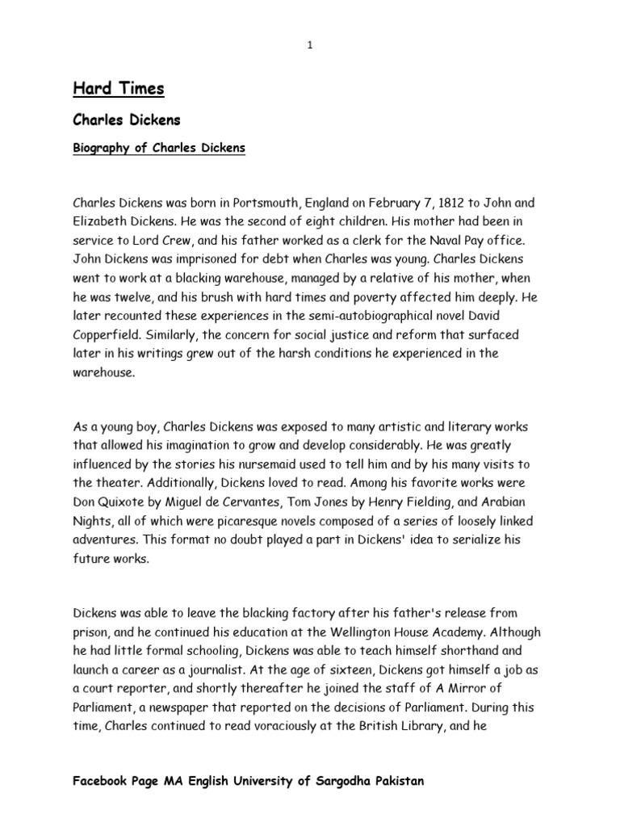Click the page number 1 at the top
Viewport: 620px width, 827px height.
coord(309,46)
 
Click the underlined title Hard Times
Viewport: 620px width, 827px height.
coord(118,89)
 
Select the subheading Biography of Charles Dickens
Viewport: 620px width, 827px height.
coord(159,149)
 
